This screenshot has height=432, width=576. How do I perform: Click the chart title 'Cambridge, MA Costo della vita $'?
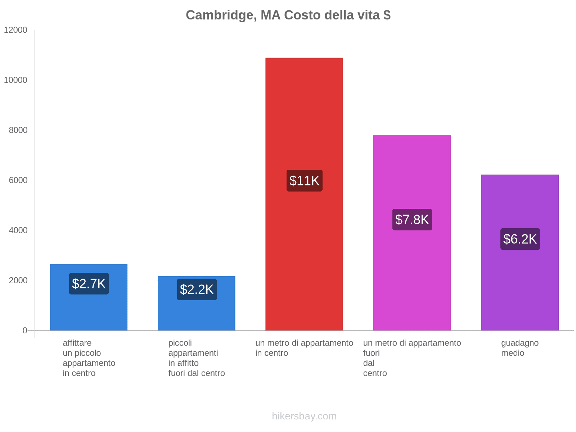[x=288, y=15]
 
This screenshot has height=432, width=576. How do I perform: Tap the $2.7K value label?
[x=89, y=284]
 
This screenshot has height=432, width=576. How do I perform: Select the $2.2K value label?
[x=197, y=289]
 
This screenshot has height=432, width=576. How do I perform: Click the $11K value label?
[x=304, y=181]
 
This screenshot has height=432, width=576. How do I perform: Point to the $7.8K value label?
[x=412, y=220]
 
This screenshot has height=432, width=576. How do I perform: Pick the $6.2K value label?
[x=520, y=239]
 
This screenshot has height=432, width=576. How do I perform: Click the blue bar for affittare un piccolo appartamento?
[x=89, y=310]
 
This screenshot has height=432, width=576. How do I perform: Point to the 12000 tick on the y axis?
[x=15, y=30]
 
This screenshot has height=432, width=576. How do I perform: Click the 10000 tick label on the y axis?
[x=15, y=80]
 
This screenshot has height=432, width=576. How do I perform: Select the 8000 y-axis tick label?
[x=18, y=130]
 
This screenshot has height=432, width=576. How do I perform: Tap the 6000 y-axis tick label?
[x=18, y=180]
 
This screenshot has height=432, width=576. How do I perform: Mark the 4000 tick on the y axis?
[x=18, y=230]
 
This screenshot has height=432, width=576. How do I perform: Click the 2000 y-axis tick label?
[x=18, y=280]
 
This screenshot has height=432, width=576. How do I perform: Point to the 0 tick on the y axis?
[x=25, y=330]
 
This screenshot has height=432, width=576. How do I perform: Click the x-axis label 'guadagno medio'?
[x=520, y=348]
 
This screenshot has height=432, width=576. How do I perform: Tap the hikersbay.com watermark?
[x=304, y=416]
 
